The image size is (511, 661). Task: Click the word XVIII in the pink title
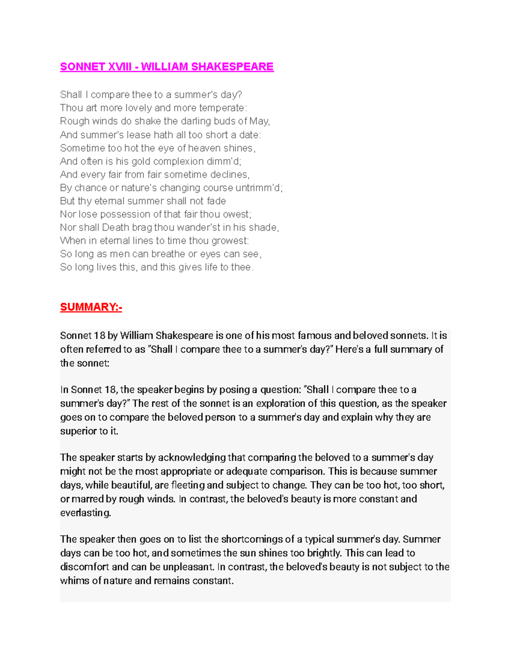tap(120, 67)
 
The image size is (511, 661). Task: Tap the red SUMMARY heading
tap(91, 307)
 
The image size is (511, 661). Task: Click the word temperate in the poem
tap(222, 108)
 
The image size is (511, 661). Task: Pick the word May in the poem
tap(259, 121)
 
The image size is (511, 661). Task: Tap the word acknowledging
tap(192, 458)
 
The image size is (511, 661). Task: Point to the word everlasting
tap(85, 513)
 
